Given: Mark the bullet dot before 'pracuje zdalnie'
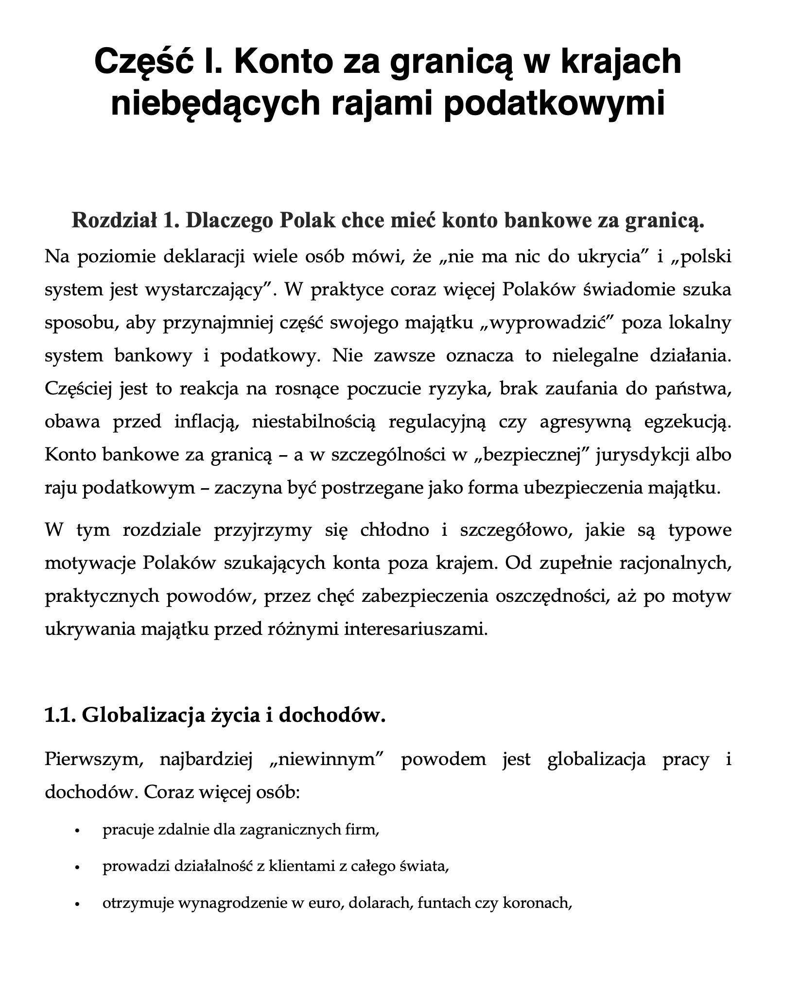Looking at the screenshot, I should tap(77, 830).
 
